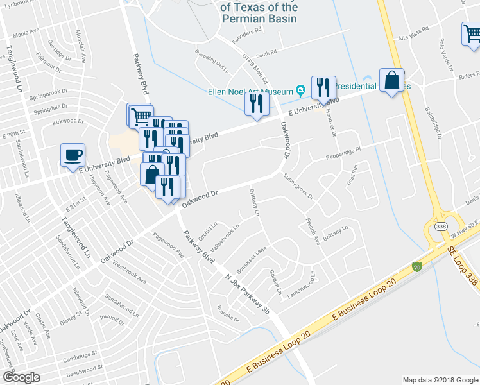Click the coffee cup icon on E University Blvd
pyautogui.click(x=72, y=155)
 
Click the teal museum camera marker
pyautogui.click(x=300, y=89)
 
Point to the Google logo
pyautogui.click(x=21, y=377)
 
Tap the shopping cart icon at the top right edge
pyautogui.click(x=472, y=35)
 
